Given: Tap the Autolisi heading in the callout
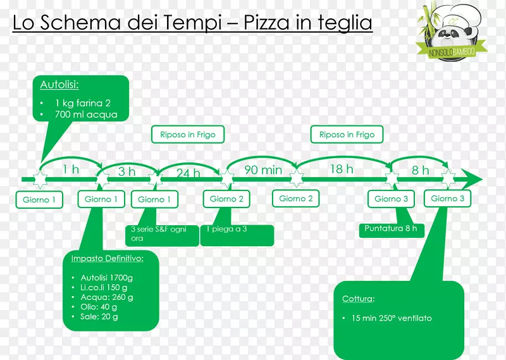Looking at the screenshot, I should click(55, 85).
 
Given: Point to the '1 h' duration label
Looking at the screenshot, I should click(71, 169).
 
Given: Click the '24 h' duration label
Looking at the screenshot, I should click(188, 173).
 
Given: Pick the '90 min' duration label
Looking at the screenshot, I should click(262, 170).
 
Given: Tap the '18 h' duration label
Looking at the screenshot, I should click(341, 169).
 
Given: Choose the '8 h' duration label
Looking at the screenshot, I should click(420, 170).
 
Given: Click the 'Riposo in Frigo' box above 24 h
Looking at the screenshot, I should click(188, 135).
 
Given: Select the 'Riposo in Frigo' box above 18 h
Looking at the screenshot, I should click(347, 135).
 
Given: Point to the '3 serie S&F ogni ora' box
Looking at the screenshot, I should click(163, 234).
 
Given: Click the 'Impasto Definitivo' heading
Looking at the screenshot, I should click(107, 258).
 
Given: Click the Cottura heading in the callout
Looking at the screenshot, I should click(358, 299).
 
